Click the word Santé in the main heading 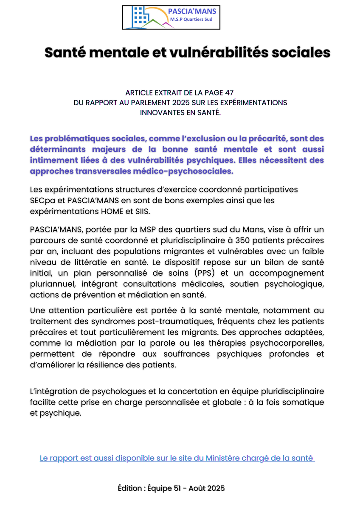click(x=66, y=53)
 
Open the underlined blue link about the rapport click(x=177, y=458)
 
